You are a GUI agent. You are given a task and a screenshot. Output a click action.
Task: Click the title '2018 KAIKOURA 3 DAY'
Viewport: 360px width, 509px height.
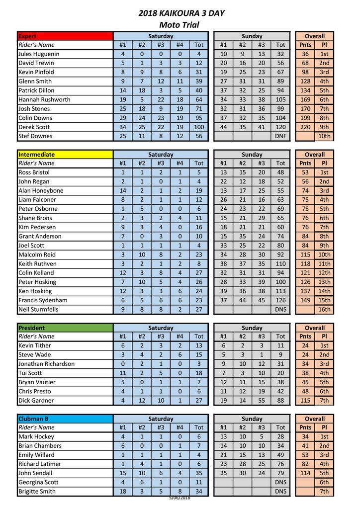pos(179,13)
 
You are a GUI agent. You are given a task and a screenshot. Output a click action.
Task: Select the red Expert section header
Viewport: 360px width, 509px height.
pos(65,36)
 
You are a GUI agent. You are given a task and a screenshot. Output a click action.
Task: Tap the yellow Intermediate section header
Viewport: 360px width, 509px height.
pos(65,154)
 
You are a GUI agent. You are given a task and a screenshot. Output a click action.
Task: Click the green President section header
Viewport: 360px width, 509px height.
pos(65,328)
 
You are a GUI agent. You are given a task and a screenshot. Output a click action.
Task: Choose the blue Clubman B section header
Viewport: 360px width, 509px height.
pos(65,419)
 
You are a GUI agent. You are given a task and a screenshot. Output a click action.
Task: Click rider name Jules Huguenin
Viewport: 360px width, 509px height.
pos(39,54)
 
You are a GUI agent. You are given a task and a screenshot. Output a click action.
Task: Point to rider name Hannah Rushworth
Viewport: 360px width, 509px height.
pos(44,99)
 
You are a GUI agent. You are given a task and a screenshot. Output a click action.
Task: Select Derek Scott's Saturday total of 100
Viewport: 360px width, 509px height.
pos(199,127)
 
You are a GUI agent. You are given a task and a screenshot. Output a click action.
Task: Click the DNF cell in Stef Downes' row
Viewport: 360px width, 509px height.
pos(280,136)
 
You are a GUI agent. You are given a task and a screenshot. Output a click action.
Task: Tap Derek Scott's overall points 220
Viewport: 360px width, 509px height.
pos(305,127)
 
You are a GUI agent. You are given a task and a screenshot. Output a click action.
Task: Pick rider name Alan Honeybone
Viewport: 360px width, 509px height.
pos(41,190)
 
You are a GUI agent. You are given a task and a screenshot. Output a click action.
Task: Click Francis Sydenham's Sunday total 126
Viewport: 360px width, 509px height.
pos(280,300)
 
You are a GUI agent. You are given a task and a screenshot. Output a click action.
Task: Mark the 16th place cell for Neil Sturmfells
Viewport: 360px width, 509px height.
pos(324,309)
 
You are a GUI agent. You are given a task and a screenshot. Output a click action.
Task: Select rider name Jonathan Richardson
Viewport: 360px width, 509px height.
pos(46,364)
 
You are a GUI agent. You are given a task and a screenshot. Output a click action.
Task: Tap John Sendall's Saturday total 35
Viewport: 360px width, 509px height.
pos(199,473)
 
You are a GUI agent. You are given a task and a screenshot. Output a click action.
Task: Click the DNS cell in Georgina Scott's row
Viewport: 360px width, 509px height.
pos(280,482)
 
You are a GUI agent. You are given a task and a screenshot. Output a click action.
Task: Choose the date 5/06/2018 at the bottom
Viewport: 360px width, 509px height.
pos(179,498)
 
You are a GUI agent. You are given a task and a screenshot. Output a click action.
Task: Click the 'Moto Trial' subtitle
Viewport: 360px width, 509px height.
pos(179,25)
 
